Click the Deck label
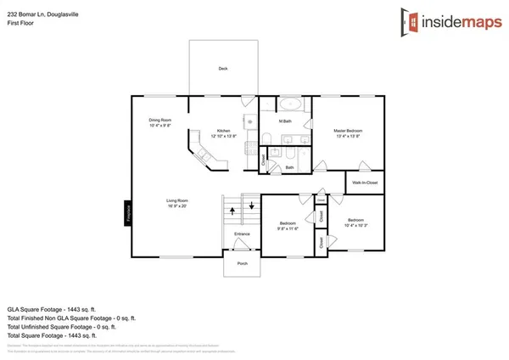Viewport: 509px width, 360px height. [223, 69]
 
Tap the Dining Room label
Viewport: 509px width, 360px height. [160, 121]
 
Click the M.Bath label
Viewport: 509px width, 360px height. [286, 122]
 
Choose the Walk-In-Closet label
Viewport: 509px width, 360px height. [364, 183]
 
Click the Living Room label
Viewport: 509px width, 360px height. [176, 200]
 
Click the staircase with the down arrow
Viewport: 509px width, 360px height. [250, 206]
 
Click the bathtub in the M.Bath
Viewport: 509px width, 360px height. [292, 106]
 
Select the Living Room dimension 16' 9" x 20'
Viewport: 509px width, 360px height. [176, 205]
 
